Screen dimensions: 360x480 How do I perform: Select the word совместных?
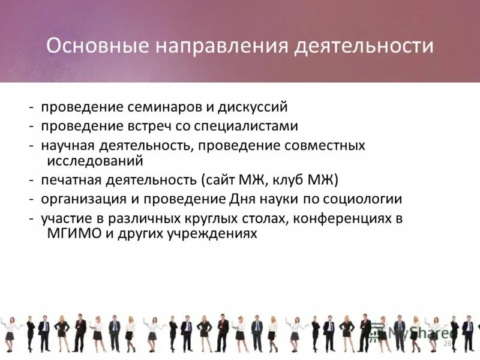[325, 146]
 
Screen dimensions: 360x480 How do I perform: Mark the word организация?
[78, 199]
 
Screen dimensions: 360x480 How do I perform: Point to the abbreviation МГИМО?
[67, 233]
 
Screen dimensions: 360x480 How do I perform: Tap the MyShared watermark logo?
[414, 332]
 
